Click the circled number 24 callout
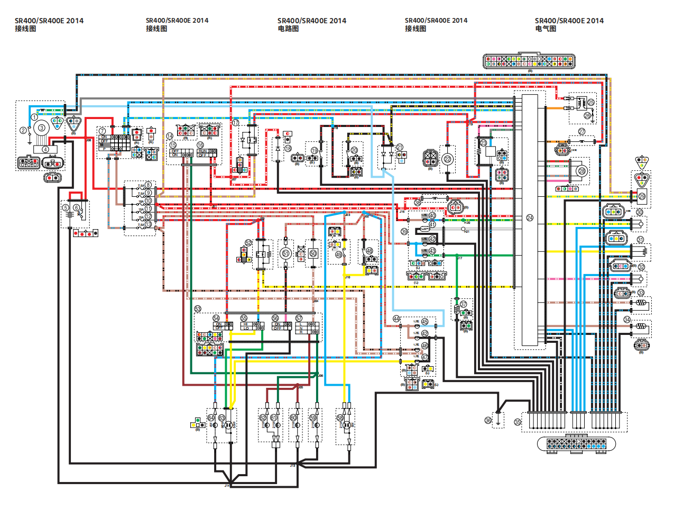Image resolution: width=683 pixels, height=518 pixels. (x=530, y=218)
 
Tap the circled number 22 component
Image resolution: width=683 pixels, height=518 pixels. (x=448, y=159)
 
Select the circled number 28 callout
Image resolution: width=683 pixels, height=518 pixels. (x=582, y=171)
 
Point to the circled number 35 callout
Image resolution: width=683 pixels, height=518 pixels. (x=518, y=422)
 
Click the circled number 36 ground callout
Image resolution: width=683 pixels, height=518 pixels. (x=488, y=420)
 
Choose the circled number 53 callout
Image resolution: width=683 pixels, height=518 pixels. (x=198, y=308)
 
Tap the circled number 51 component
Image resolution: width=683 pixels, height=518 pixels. (x=285, y=253)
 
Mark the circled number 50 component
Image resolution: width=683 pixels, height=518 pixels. (x=313, y=253)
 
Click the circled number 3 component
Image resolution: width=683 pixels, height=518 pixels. (x=41, y=128)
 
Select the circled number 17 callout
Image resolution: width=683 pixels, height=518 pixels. (x=236, y=123)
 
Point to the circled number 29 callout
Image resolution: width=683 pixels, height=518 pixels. (x=642, y=196)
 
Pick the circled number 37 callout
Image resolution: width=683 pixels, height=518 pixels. (x=463, y=304)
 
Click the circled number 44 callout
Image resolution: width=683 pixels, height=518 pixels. (x=396, y=319)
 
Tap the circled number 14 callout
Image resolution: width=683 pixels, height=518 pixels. (x=170, y=136)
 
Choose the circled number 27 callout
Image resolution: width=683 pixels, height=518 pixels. (x=582, y=131)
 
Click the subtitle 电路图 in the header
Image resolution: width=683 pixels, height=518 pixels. (x=288, y=29)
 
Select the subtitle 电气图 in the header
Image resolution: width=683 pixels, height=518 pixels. (x=546, y=29)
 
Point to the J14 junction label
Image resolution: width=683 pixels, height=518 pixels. (x=227, y=485)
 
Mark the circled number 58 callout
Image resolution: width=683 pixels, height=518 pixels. (x=340, y=418)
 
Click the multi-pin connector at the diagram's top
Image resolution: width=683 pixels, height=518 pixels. (x=529, y=61)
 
